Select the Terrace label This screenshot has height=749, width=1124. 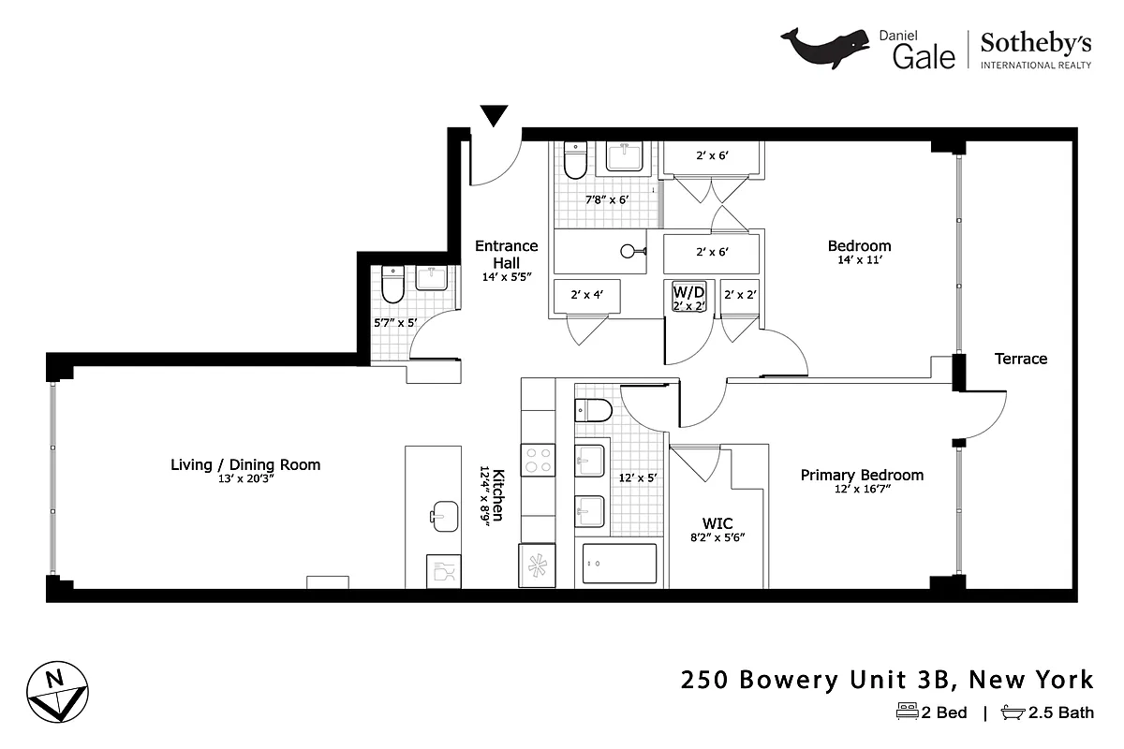coord(1020,359)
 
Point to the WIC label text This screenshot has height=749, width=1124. coord(717,522)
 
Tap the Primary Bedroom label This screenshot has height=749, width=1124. coord(862,475)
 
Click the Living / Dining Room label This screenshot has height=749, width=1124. coord(245,464)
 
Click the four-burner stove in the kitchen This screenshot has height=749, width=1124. coord(538,461)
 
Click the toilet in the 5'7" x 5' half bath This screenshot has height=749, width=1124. coord(392,286)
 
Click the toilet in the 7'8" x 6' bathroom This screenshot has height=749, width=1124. coord(575,161)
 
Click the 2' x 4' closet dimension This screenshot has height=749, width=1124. coord(586,294)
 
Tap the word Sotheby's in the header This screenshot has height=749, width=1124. coord(1035,42)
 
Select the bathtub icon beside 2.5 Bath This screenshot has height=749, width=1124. coord(1013,712)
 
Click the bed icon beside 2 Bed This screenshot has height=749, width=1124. coord(907,712)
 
